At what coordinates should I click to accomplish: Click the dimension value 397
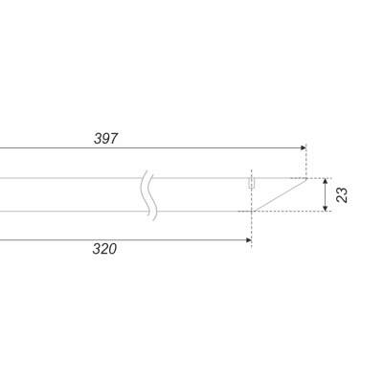point(106,139)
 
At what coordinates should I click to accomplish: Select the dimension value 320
point(104,249)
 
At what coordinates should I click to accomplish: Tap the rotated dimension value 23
point(342,195)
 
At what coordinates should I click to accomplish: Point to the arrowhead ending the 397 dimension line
point(304,147)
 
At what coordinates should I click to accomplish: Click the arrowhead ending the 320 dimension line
point(249,240)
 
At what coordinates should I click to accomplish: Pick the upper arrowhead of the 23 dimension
point(326,181)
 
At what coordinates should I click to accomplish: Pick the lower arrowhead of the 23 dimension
point(326,209)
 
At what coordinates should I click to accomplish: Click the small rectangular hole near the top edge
point(252,183)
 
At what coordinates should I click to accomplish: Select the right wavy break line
point(152,197)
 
